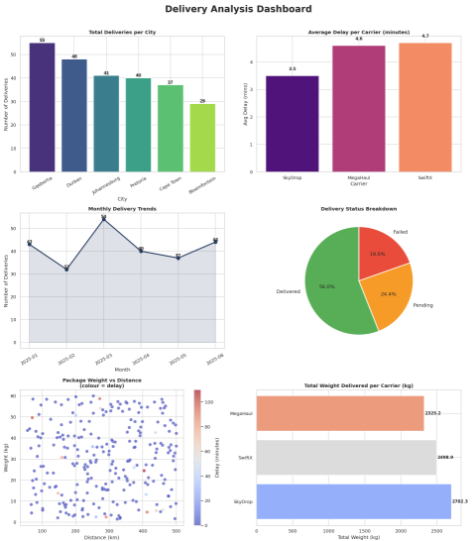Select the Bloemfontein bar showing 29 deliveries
(x=202, y=138)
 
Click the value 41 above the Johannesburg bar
(x=106, y=72)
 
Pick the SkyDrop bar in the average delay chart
(x=292, y=123)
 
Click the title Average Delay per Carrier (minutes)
(x=358, y=32)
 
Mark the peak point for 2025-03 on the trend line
(x=103, y=218)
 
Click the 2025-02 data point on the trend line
(x=66, y=269)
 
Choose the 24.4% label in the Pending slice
(x=388, y=293)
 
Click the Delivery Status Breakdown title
(x=358, y=209)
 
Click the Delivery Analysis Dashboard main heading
(x=237, y=9)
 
